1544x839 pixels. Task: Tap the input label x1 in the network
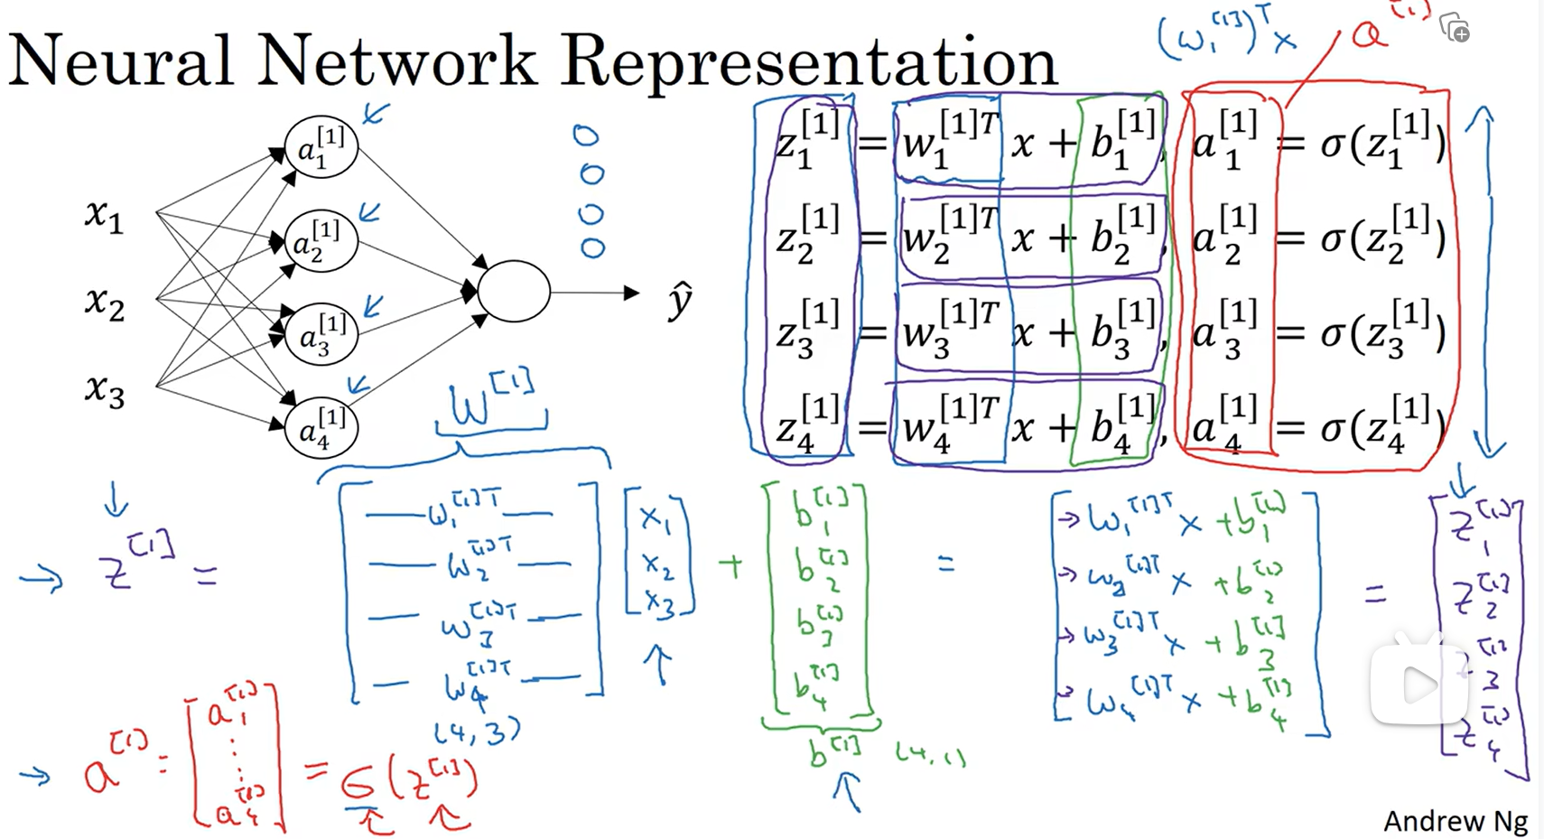[x=104, y=215]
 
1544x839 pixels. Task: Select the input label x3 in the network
[x=104, y=390]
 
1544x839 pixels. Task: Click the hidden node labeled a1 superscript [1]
[x=321, y=147]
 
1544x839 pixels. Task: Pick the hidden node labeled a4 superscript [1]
[x=321, y=427]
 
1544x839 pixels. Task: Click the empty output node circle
[x=513, y=292]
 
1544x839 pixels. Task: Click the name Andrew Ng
[x=1456, y=821]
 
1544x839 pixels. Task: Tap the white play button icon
[x=1418, y=685]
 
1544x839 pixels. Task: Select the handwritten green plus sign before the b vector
[x=730, y=566]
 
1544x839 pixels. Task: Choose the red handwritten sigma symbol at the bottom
[x=358, y=781]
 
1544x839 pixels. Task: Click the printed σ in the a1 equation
[x=1332, y=144]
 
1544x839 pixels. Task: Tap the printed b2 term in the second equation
[x=1121, y=238]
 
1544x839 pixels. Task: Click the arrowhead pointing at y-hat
[x=631, y=292]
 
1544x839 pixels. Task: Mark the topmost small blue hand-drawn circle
[x=586, y=136]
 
